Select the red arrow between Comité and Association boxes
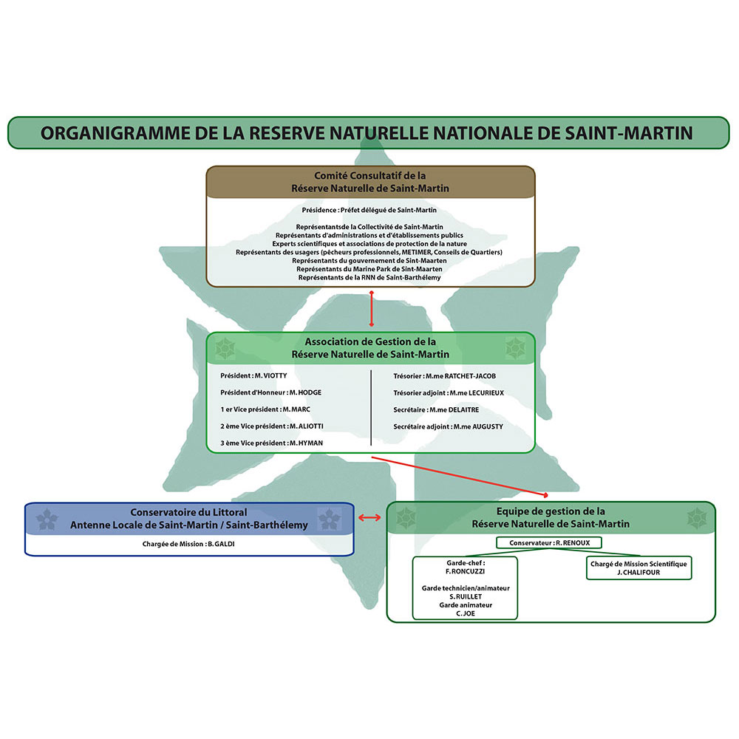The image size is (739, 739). [x=372, y=308]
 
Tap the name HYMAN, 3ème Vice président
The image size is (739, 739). [x=306, y=443]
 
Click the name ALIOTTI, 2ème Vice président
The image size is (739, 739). [x=307, y=426]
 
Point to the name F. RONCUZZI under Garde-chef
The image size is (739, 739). [x=465, y=571]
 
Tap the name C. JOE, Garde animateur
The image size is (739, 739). [x=465, y=613]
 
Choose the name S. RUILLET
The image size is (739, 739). [x=465, y=596]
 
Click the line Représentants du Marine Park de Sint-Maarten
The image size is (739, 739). [x=370, y=269]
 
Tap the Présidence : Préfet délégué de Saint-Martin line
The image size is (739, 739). [x=370, y=211]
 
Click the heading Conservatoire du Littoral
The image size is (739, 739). [x=188, y=511]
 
